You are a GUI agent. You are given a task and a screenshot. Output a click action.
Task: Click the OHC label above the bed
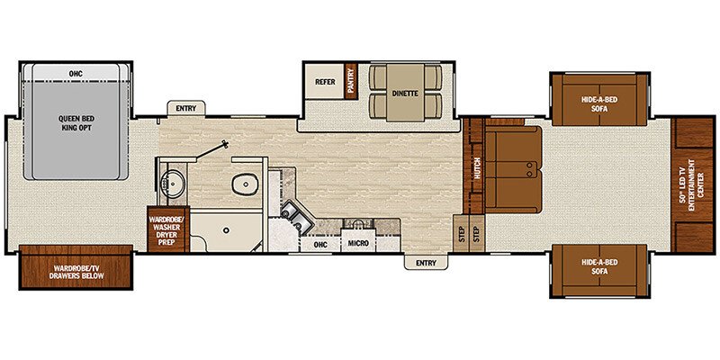[76, 73]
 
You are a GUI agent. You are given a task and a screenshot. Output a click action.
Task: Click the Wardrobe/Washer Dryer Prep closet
[167, 229]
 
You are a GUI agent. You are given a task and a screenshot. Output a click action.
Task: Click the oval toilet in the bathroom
[244, 184]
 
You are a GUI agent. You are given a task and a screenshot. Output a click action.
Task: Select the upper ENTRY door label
[186, 109]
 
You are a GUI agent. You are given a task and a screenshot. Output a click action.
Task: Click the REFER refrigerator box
[325, 82]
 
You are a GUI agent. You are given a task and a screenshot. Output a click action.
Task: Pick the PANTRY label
[352, 81]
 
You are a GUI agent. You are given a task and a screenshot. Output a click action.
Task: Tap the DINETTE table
[401, 93]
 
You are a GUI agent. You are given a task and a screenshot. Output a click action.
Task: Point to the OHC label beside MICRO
[319, 243]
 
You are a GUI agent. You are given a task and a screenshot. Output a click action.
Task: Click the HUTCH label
[477, 167]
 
